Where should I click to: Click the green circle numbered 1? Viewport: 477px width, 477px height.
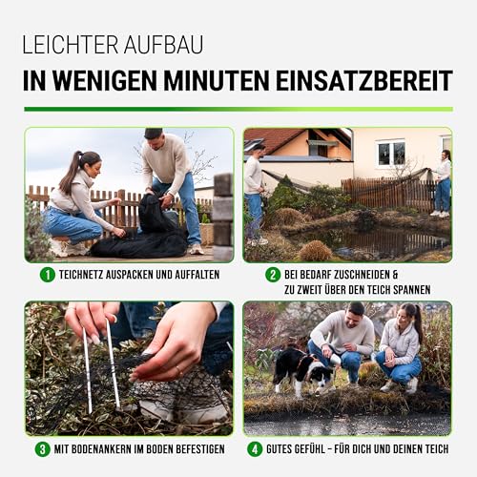[x=48, y=275]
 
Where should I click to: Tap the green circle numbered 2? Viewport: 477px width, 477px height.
[x=273, y=275]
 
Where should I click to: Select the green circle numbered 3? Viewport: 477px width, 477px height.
[x=43, y=448]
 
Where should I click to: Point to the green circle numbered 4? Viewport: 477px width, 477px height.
[x=255, y=448]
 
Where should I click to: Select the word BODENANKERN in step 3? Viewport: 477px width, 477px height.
[x=101, y=448]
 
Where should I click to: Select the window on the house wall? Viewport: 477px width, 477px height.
[x=390, y=153]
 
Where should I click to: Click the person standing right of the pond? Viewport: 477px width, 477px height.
[x=443, y=181]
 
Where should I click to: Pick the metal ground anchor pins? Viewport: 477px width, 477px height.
[x=100, y=367]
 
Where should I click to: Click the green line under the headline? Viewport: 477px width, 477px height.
[x=238, y=108]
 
